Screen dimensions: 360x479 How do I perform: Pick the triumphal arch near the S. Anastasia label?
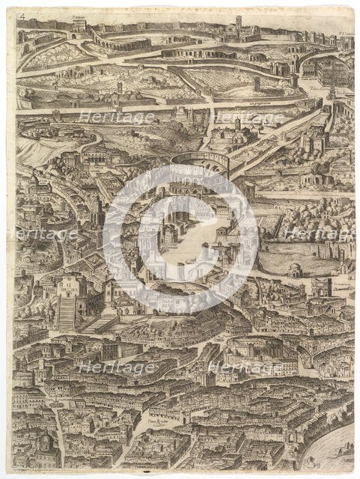pos(321,288)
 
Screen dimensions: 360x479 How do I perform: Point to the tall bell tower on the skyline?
pos(238,22)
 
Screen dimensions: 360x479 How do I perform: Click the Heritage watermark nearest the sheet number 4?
pos(115,117)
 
